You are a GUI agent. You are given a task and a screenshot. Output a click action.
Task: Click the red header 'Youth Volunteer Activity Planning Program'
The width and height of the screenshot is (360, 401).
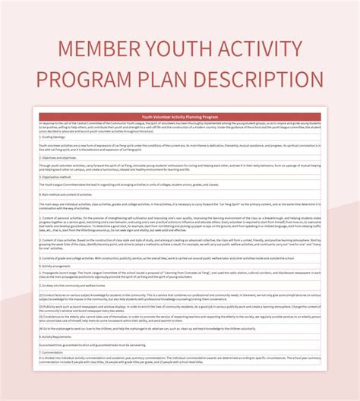tap(180, 117)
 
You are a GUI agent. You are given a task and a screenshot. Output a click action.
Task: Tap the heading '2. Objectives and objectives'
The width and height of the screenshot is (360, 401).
tap(64, 159)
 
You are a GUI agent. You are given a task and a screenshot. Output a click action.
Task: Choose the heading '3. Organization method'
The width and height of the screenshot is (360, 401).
tap(61, 177)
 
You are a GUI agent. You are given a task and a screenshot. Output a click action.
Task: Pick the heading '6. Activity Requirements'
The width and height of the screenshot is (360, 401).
tap(61, 335)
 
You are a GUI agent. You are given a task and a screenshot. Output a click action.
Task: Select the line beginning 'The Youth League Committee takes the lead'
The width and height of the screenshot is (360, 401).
tap(114, 185)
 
